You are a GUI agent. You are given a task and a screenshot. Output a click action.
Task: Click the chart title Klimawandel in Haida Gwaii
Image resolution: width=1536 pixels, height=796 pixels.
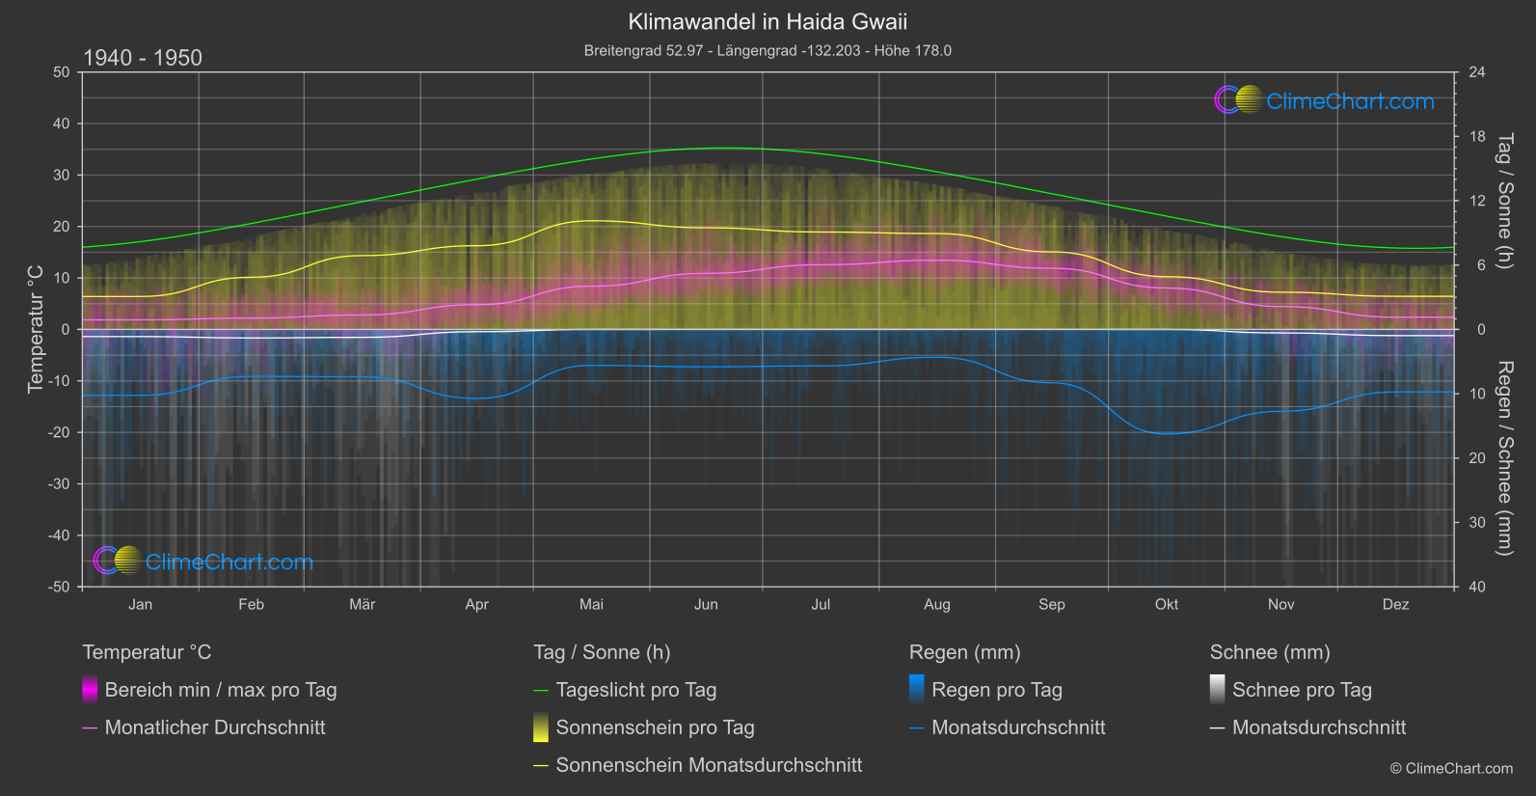pos(768,21)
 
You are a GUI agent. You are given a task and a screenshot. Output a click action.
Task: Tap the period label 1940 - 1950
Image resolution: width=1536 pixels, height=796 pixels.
pos(143,58)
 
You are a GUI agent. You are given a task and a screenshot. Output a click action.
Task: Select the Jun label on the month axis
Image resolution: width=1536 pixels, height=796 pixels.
pos(706,604)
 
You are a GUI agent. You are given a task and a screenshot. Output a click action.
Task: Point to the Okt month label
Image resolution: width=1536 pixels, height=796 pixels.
pos(1167,604)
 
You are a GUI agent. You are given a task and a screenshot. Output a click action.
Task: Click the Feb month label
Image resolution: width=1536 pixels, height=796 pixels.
pos(251,604)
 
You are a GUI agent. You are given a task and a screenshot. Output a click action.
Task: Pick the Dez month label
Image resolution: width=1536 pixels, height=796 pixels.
pos(1395,604)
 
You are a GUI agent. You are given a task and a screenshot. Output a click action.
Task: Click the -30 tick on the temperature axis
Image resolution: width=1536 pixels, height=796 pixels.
pos(60,484)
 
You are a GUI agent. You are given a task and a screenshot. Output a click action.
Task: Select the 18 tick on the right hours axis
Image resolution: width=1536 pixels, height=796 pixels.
pos(1477,137)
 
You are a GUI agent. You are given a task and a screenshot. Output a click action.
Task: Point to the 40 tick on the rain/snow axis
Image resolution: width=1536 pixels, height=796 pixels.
pos(1477,587)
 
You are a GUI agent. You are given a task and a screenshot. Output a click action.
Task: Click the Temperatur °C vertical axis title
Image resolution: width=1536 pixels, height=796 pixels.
pos(36,329)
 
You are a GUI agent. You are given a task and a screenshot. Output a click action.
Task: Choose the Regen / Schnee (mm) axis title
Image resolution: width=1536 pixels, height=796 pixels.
pos(1504,458)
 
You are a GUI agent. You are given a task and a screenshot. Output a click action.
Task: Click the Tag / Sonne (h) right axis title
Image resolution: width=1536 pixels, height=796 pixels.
pos(1504,201)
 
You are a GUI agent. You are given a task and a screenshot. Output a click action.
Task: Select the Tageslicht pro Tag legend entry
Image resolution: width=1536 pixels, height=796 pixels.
pos(635,690)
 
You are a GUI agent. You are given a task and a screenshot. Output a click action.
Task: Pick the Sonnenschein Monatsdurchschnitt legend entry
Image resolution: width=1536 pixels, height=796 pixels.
pos(709,765)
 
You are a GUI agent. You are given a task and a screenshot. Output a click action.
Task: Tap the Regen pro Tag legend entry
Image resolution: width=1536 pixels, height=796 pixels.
pos(996,690)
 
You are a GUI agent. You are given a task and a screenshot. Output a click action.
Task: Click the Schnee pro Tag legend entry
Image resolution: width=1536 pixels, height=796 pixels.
pos(1302,690)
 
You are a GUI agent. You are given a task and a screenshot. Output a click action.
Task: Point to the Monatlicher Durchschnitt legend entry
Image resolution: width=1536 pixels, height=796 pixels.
pos(214,727)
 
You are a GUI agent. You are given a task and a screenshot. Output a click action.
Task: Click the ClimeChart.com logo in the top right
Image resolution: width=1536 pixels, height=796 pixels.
pos(1325,100)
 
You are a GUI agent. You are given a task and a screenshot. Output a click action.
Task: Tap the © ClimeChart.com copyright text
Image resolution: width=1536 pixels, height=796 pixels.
pos(1451,769)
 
